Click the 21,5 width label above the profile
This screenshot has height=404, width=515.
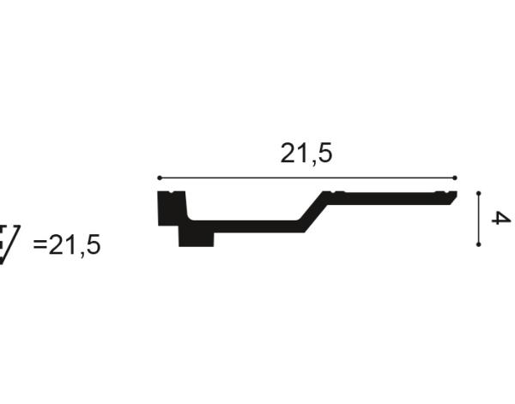306,154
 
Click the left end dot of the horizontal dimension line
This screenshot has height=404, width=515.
160,178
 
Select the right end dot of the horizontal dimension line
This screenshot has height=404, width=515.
455,178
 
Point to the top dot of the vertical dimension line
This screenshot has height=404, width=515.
479,193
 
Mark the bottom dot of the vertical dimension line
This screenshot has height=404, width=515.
479,244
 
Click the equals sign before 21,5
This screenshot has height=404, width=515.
40,244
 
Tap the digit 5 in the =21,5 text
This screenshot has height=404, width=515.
94,244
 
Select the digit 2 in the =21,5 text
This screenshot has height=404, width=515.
56,244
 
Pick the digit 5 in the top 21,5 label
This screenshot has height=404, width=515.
325,154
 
